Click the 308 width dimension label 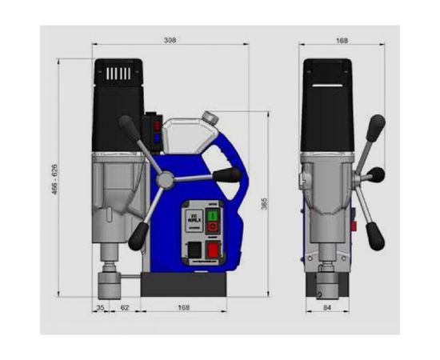tap(169, 39)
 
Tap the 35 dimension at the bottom tap(101, 306)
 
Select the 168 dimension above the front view tap(342, 39)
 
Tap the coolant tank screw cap tap(210, 117)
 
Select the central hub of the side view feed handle tap(165, 180)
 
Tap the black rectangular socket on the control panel tap(194, 251)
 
